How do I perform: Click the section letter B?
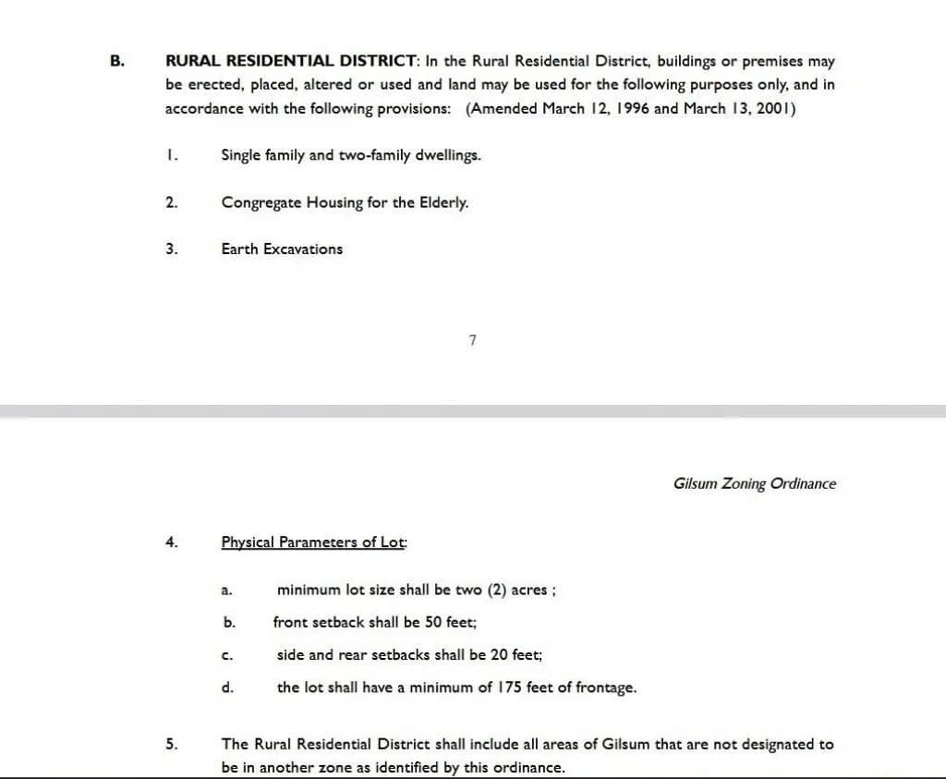tap(115, 62)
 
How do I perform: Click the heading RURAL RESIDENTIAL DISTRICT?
tap(291, 62)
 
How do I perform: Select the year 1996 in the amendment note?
tap(631, 109)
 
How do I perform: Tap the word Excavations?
tap(303, 250)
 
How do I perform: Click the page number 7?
tap(472, 341)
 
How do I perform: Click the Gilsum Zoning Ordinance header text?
tap(755, 483)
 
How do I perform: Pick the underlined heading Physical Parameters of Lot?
tap(314, 542)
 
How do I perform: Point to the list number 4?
tap(171, 542)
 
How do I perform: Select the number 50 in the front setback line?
tap(432, 623)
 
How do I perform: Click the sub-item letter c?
tap(226, 656)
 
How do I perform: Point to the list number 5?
tap(171, 744)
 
